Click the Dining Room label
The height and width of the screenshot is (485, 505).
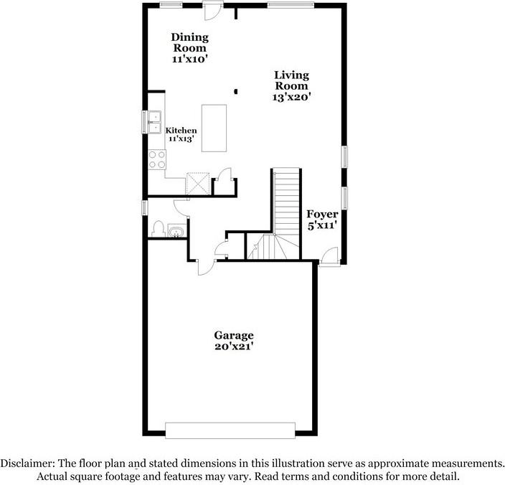[x=189, y=42]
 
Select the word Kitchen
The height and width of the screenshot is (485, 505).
[x=181, y=131]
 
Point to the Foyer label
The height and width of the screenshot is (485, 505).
[x=322, y=215]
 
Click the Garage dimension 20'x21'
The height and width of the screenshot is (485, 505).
[x=234, y=347]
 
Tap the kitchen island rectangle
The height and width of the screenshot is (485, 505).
[x=214, y=128]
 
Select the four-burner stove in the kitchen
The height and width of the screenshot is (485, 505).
[x=156, y=159]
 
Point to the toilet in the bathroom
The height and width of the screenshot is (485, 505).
[x=158, y=229]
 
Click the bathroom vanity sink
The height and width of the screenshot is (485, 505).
[x=176, y=230]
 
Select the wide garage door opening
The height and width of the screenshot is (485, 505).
[x=230, y=429]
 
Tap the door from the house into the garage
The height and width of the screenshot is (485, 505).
[x=206, y=266]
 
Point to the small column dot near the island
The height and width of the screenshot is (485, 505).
[x=235, y=91]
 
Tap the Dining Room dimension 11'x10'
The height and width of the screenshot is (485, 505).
[x=189, y=60]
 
